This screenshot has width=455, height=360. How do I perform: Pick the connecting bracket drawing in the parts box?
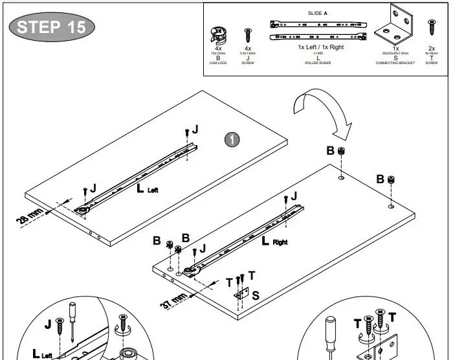point(395,25)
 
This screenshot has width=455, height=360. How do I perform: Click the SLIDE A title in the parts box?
point(317,13)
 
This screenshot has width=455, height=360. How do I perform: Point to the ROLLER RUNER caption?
point(317,63)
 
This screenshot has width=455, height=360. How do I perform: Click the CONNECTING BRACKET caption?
point(395,63)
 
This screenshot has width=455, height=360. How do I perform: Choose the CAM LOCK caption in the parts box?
point(218,63)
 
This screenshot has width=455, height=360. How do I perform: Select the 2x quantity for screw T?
point(431,49)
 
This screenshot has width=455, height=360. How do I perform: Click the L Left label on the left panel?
point(147,189)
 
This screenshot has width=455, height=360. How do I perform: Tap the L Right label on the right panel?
point(275,242)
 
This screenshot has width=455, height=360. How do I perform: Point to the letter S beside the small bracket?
point(256,295)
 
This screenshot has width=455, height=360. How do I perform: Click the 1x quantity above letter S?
point(395,49)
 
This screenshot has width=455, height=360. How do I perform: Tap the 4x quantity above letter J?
point(247,49)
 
